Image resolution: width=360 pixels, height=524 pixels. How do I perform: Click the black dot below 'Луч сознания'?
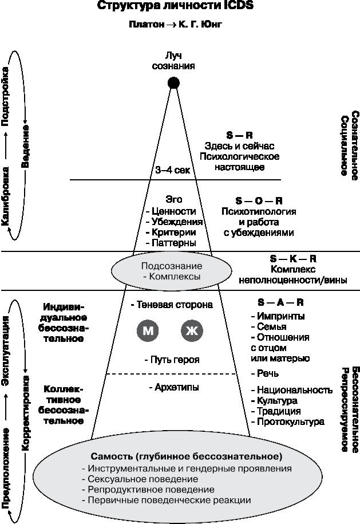(x=173, y=83)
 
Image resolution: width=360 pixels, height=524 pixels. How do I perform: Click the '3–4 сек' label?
(x=172, y=170)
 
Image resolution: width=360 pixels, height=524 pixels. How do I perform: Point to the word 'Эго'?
(x=173, y=200)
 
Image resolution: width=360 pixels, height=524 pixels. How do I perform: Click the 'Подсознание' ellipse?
(x=172, y=271)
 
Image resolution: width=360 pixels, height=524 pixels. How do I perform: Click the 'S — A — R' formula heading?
(x=280, y=301)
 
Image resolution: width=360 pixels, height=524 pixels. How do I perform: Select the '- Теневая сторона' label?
(x=171, y=305)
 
